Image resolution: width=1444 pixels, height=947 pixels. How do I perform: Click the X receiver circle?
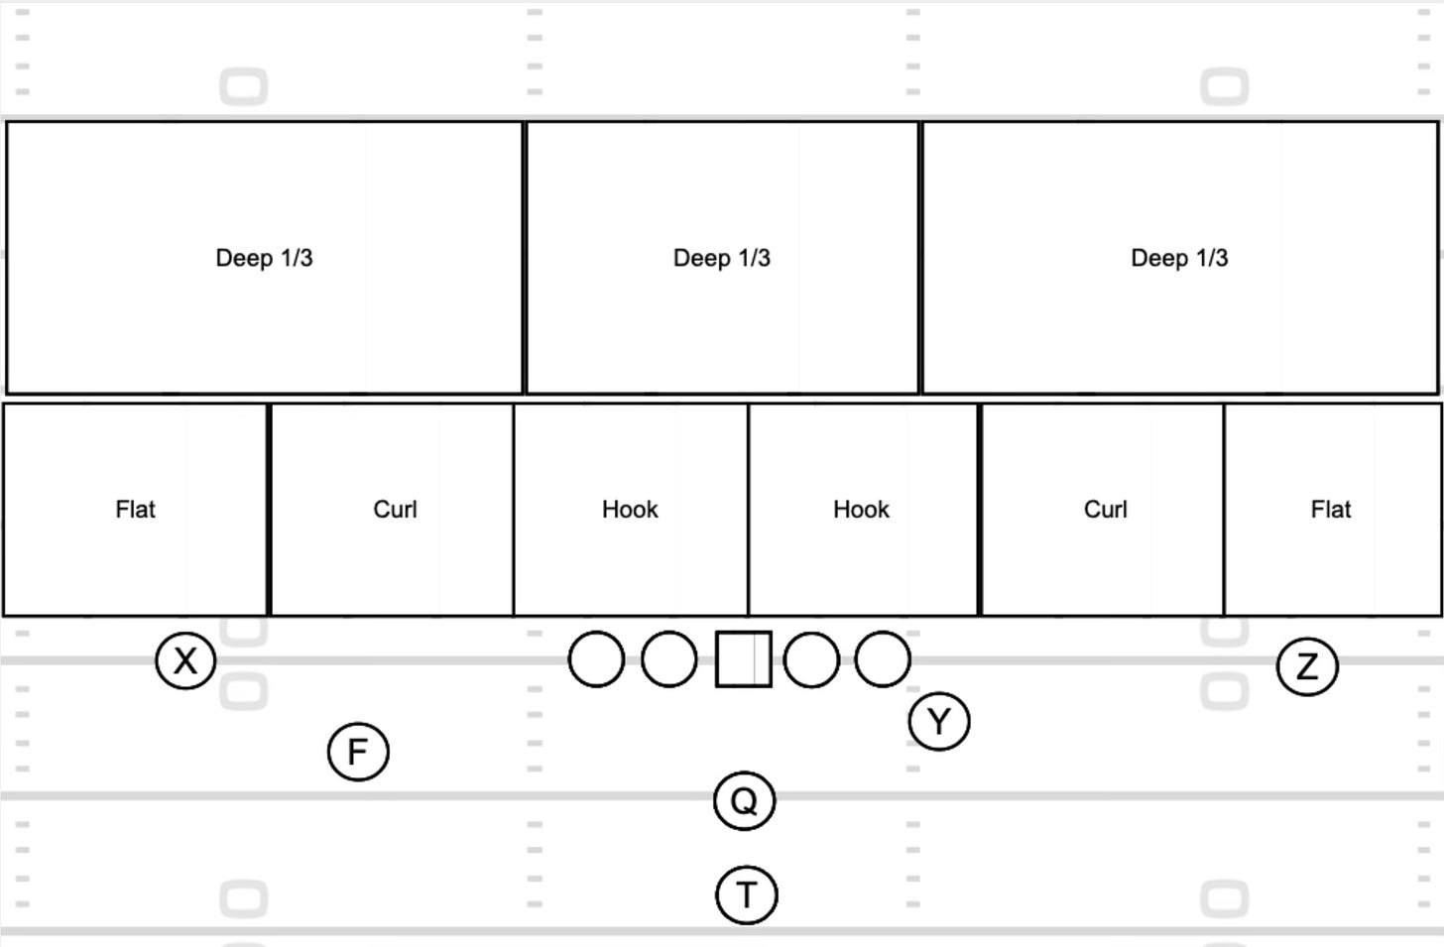tap(185, 660)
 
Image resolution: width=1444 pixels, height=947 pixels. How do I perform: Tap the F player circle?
tap(358, 752)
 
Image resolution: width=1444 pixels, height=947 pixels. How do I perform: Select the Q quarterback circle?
tap(744, 800)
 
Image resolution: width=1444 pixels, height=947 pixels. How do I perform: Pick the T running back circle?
tap(746, 894)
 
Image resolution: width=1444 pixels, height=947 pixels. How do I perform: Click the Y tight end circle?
tap(938, 722)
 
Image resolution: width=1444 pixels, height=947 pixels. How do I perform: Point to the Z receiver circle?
tap(1307, 666)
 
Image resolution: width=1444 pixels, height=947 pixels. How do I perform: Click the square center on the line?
tap(744, 658)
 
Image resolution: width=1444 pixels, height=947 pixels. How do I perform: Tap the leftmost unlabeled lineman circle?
tap(597, 659)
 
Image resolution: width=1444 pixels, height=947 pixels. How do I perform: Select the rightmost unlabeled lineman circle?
tap(883, 659)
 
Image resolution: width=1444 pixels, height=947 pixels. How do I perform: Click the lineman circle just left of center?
tap(669, 659)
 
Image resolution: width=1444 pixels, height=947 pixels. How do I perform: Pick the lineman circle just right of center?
tap(811, 659)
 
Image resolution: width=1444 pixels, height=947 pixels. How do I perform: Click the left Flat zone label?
tap(135, 510)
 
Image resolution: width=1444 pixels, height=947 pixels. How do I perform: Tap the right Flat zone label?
tap(1330, 510)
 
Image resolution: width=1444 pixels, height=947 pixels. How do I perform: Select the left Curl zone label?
tap(395, 510)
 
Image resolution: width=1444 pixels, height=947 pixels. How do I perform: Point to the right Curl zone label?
tap(1105, 510)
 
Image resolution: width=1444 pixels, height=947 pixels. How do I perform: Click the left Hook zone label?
tap(630, 510)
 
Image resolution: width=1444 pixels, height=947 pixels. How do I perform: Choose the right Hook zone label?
tap(861, 510)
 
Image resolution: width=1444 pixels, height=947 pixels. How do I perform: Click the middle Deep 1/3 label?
tap(721, 258)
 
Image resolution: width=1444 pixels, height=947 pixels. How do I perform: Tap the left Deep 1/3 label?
tap(264, 258)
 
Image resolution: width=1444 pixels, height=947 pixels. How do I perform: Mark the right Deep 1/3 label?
tap(1179, 258)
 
